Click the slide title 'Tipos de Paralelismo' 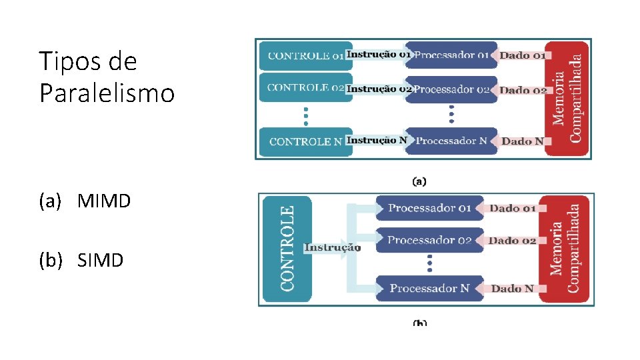pyautogui.click(x=107, y=77)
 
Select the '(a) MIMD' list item pyautogui.click(x=85, y=201)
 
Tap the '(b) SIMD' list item pyautogui.click(x=81, y=260)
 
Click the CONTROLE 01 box pyautogui.click(x=304, y=56)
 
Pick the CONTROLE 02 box pyautogui.click(x=304, y=88)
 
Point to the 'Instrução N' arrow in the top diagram pyautogui.click(x=377, y=141)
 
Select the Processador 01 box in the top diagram pyautogui.click(x=452, y=55)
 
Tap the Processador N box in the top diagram pyautogui.click(x=452, y=141)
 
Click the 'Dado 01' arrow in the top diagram pyautogui.click(x=522, y=56)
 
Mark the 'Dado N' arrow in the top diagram pyautogui.click(x=522, y=141)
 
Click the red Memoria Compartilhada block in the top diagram pyautogui.click(x=567, y=98)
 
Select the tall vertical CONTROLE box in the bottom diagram pyautogui.click(x=287, y=248)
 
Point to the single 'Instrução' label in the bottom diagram pyautogui.click(x=333, y=248)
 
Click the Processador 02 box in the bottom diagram pyautogui.click(x=429, y=240)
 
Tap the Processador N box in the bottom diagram pyautogui.click(x=429, y=288)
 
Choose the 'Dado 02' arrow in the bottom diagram pyautogui.click(x=512, y=241)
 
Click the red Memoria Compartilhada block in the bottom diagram pyautogui.click(x=566, y=248)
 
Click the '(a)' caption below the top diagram pyautogui.click(x=419, y=180)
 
